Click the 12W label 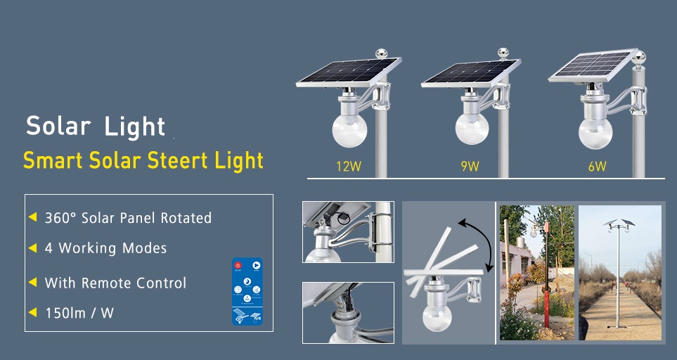(349, 166)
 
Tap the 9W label (470, 166)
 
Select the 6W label (597, 166)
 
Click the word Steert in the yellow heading (177, 160)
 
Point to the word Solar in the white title (58, 126)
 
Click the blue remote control (247, 291)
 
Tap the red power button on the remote (238, 266)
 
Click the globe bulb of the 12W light (349, 129)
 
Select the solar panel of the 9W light (470, 72)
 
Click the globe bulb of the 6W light (595, 134)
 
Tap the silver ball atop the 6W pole (640, 56)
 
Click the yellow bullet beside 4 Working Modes (32, 248)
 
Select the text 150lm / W (79, 313)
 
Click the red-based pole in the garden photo (546, 276)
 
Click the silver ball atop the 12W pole (381, 53)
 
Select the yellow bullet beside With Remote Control (32, 283)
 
